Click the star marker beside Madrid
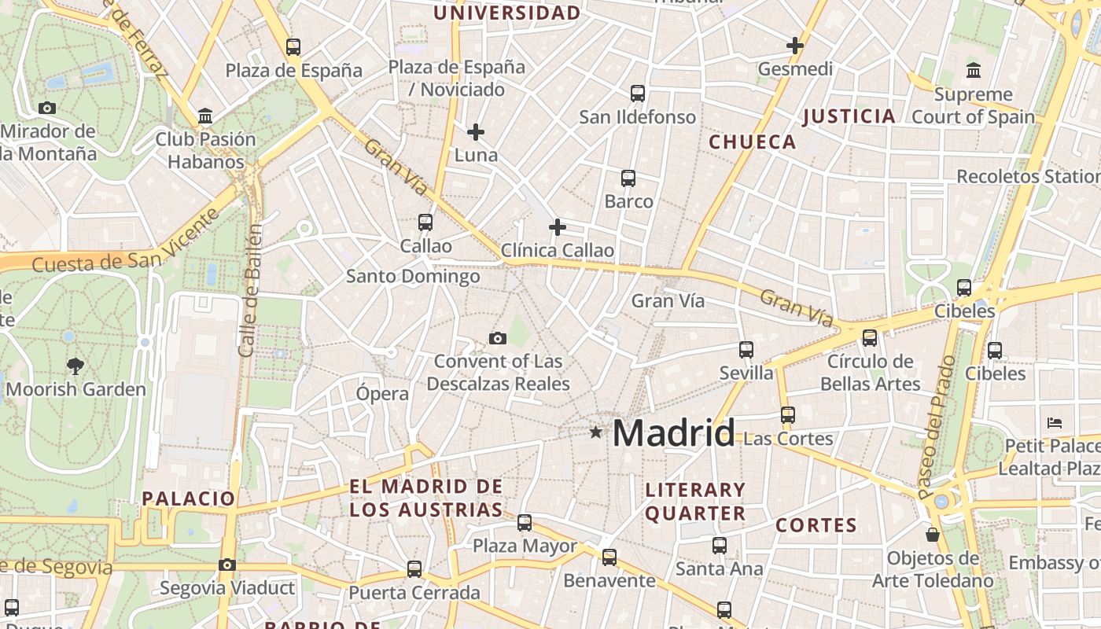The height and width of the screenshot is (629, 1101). tap(595, 432)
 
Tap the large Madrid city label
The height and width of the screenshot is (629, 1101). tap(673, 433)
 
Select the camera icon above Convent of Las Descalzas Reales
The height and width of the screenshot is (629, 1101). tap(497, 339)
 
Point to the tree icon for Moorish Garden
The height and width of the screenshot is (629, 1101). tap(75, 366)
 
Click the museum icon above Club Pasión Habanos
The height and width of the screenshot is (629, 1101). tap(205, 116)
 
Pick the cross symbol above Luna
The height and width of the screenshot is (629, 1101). tap(476, 132)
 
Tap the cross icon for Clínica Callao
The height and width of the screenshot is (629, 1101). tap(558, 228)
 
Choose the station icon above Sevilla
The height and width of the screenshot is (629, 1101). tap(746, 350)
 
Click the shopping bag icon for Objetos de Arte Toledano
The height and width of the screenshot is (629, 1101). tap(933, 535)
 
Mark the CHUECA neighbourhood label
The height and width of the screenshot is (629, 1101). tap(753, 142)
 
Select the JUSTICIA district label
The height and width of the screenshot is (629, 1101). tap(849, 116)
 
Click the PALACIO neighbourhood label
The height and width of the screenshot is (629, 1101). tap(189, 498)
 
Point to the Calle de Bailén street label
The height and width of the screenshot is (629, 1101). tap(250, 291)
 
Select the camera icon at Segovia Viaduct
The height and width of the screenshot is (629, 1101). tap(226, 565)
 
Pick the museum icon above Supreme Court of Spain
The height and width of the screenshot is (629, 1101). tap(974, 71)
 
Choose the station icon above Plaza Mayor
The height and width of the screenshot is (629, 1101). tap(525, 522)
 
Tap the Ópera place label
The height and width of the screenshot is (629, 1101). tap(382, 394)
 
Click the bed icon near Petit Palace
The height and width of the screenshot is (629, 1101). tap(1055, 423)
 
